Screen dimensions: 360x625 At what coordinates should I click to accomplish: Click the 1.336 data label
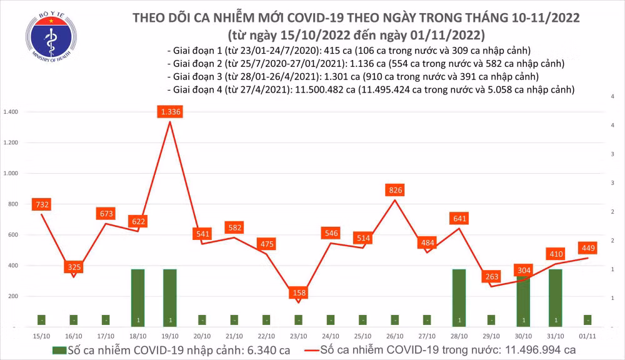point(171,112)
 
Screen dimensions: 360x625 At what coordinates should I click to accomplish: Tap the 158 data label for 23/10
point(299,293)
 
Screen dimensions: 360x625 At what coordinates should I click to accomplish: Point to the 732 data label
point(42,204)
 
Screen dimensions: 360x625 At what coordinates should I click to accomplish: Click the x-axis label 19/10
point(170,336)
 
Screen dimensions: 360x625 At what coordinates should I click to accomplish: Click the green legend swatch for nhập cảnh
point(59,350)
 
